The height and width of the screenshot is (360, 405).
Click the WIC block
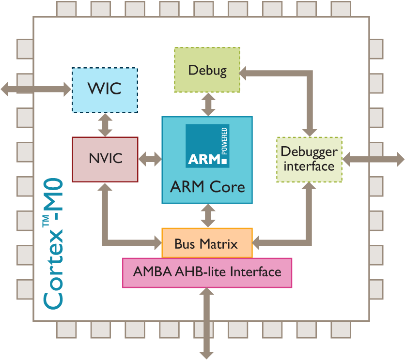(105, 90)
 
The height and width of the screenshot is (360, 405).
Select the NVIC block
(105, 159)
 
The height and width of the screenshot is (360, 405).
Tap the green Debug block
(207, 70)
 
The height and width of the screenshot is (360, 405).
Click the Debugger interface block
(309, 159)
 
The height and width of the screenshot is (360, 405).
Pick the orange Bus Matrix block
(207, 243)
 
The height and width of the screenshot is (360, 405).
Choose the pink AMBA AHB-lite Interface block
(207, 272)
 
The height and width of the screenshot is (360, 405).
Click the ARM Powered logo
(207, 146)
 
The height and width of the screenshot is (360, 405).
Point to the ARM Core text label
(207, 187)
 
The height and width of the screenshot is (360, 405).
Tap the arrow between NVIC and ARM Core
(150, 159)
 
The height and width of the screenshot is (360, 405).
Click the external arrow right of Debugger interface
(373, 159)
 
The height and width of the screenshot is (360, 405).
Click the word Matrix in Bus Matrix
(220, 244)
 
